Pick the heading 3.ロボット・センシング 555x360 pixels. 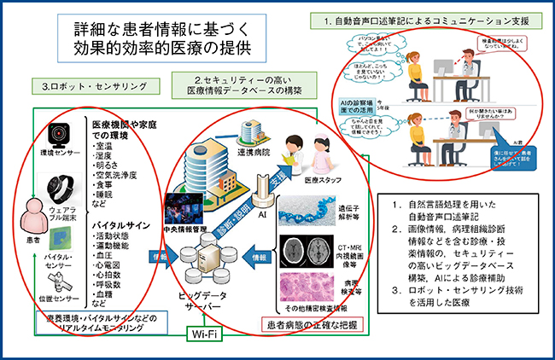coord(93,86)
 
